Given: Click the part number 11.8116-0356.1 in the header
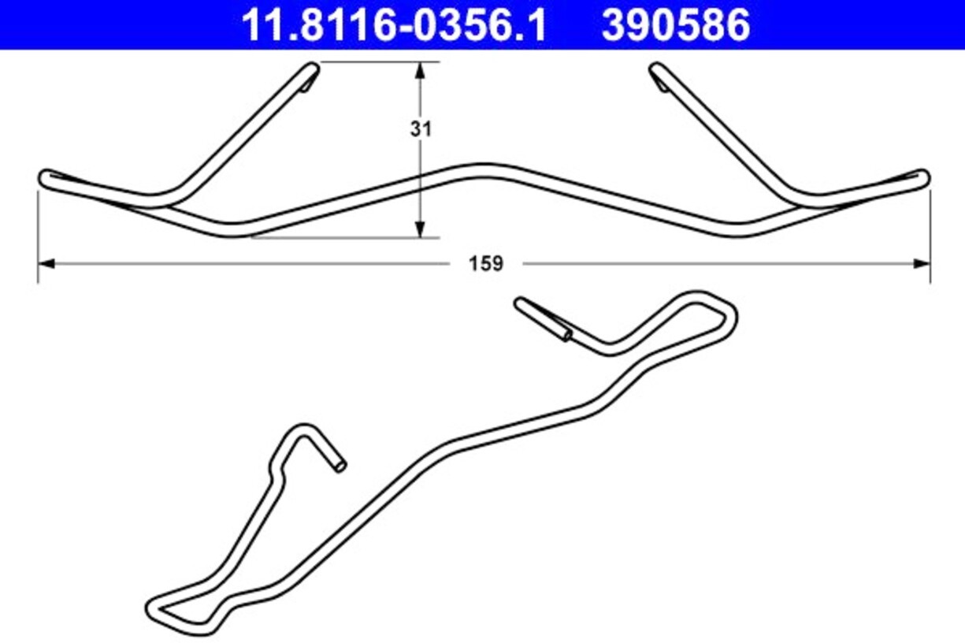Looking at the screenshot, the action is coord(394,25).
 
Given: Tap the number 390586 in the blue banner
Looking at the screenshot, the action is coord(676,25).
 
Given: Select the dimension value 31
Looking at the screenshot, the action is coord(421,129).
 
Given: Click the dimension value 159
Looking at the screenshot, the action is coord(486,264).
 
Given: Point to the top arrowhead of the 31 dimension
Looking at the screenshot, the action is coord(420,71).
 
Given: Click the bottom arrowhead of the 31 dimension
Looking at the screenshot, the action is coord(420,229).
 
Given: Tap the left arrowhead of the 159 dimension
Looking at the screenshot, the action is coord(46,264).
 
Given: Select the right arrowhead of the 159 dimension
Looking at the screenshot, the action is coord(922,264).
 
